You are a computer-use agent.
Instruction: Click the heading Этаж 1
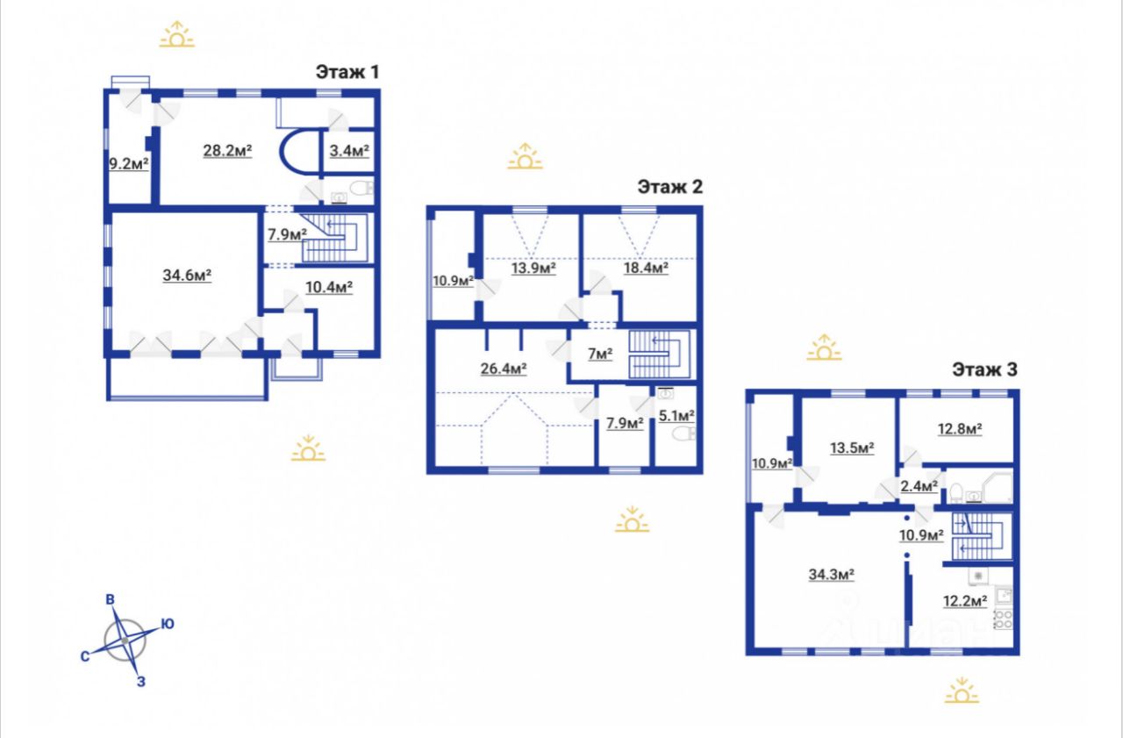(347, 72)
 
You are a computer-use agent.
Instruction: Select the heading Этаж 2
(669, 187)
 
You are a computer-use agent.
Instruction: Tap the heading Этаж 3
(984, 369)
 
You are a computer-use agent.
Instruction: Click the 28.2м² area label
(227, 150)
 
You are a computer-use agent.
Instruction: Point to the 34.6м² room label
(187, 276)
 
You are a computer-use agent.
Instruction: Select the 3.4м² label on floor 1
(349, 150)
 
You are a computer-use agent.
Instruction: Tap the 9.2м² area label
(129, 163)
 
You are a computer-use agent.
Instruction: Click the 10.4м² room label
(329, 287)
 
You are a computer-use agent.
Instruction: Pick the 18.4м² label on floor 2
(646, 268)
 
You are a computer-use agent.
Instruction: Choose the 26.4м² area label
(504, 369)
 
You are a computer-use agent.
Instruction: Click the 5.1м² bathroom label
(676, 416)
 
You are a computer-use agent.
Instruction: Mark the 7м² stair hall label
(600, 354)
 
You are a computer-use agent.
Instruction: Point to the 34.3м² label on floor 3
(831, 575)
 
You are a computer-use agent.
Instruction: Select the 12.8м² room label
(960, 429)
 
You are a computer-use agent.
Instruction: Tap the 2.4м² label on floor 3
(919, 486)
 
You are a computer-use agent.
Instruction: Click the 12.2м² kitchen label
(965, 600)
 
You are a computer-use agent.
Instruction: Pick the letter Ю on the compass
(168, 624)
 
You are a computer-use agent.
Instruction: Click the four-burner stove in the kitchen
(1003, 620)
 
